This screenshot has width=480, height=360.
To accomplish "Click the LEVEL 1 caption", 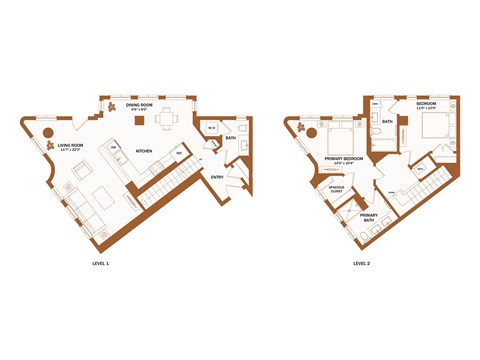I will [100, 264].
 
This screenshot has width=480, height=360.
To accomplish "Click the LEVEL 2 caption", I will [361, 264].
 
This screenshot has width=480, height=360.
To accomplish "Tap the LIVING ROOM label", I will [70, 147].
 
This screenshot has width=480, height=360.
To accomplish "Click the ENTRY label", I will [216, 177].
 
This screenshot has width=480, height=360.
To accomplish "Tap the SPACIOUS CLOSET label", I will [336, 190].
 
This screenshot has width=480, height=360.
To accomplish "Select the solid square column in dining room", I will [141, 122].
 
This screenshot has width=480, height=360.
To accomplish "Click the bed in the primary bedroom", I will [338, 138].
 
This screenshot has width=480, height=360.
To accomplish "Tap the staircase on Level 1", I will [160, 185].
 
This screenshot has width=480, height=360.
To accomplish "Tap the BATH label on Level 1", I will [231, 138].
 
